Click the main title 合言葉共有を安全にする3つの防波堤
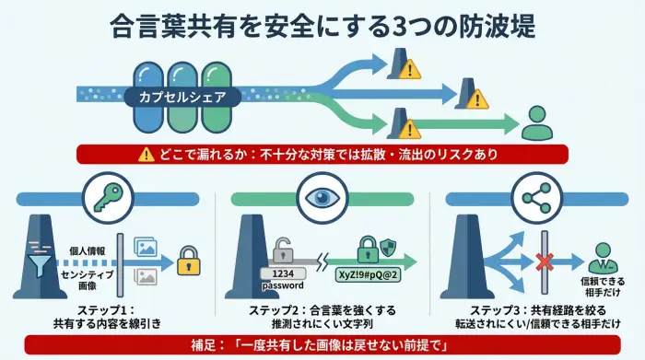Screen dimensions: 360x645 point(322,25)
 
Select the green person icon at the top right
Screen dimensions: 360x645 point(534,122)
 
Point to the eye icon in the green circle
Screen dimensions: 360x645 point(322,195)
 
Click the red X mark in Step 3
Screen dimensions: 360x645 point(544,261)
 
